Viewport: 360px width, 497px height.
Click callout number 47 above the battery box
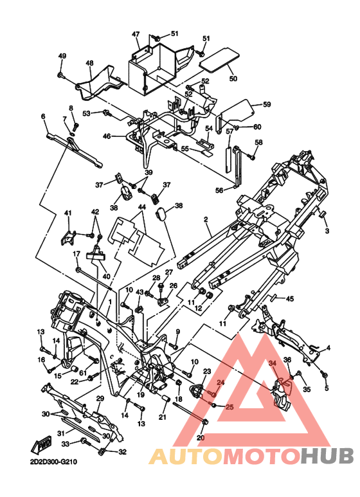click(x=136, y=34)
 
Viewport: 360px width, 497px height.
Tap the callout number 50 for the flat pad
click(x=233, y=78)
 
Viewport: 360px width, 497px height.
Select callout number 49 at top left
click(x=62, y=56)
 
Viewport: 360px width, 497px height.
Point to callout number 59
click(x=267, y=104)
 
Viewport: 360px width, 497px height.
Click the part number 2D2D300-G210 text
click(x=53, y=462)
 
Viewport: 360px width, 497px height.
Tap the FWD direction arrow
click(x=40, y=447)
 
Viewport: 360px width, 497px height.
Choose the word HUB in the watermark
click(x=327, y=455)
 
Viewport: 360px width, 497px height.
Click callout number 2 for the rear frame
click(x=206, y=219)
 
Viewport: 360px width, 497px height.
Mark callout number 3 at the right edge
click(x=327, y=231)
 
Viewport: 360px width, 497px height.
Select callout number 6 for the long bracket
click(x=43, y=116)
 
